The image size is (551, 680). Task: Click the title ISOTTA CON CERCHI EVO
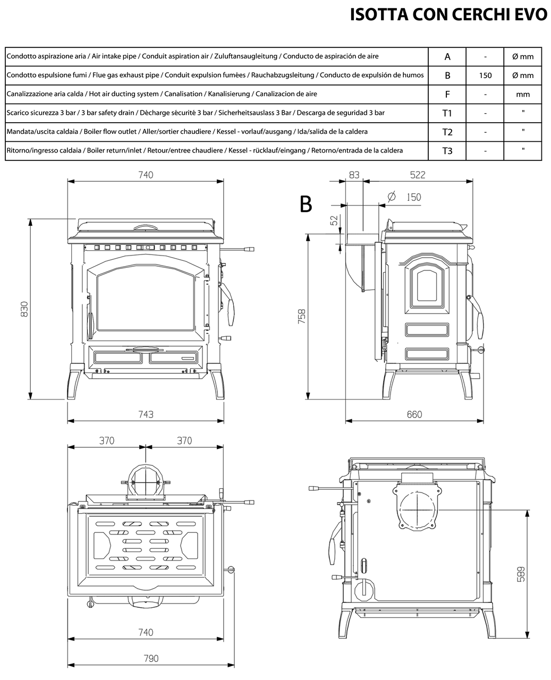(448, 14)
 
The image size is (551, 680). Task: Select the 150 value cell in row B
(485, 75)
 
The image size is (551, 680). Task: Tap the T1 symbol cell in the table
(447, 113)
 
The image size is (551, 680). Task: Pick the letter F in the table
(447, 95)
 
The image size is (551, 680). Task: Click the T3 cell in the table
(447, 151)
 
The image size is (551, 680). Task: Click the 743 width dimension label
(146, 414)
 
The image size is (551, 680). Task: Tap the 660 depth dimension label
(414, 414)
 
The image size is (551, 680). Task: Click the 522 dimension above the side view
(418, 175)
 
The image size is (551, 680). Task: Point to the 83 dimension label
(354, 175)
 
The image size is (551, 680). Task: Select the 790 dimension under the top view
(151, 658)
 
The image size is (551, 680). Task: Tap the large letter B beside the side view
(306, 204)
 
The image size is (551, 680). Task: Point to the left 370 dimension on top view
(107, 440)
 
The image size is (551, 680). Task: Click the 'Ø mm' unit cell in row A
(523, 57)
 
